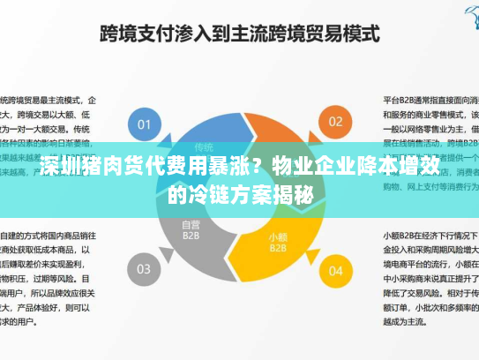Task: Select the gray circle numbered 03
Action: [x=144, y=267]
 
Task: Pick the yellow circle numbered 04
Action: [x=335, y=267]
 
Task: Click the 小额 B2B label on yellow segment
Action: [x=278, y=242]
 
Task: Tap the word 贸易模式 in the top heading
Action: [x=344, y=34]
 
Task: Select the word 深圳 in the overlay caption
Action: [x=58, y=165]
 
